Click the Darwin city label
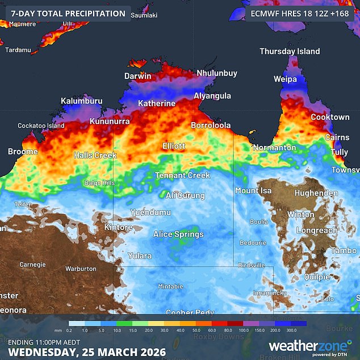(x=138, y=76)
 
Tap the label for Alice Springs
(x=178, y=234)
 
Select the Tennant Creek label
(x=182, y=175)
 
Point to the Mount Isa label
(x=253, y=191)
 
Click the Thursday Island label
(x=290, y=52)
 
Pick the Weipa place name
(x=286, y=79)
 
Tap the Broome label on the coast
(x=23, y=152)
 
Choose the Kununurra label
(x=111, y=122)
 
